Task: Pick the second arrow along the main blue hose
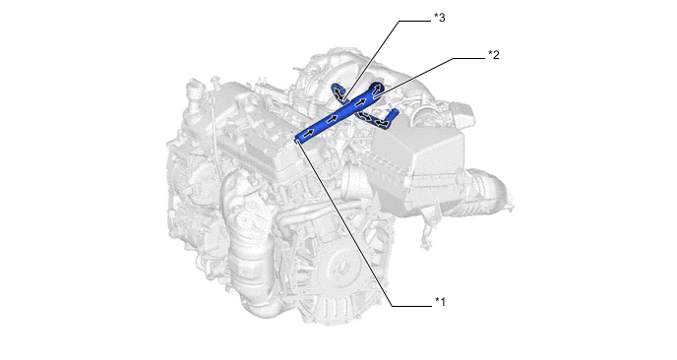(332, 118)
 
